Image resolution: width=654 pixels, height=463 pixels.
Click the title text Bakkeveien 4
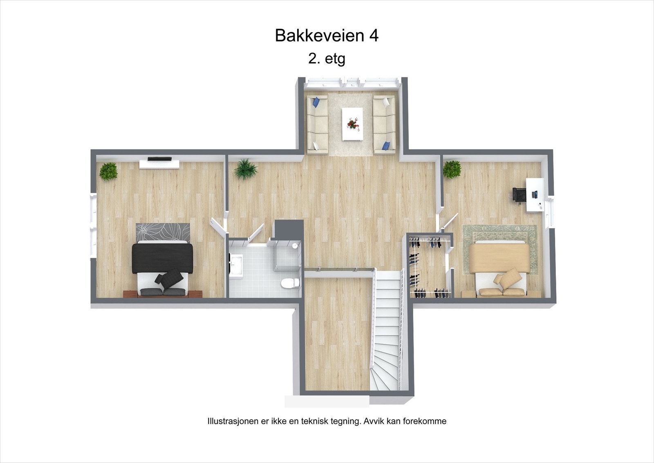click(327, 36)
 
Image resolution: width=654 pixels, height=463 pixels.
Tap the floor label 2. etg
click(327, 59)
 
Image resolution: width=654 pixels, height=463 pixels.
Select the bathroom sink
click(236, 264)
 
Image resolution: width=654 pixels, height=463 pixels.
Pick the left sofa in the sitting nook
click(318, 125)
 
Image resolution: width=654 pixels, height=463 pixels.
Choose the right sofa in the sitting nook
click(384, 125)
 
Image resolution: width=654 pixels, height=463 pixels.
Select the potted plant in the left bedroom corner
click(108, 171)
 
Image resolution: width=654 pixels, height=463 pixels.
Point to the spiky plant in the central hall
click(246, 169)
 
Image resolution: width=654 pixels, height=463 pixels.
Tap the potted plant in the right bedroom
click(452, 169)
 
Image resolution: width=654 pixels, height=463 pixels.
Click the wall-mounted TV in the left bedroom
click(159, 159)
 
